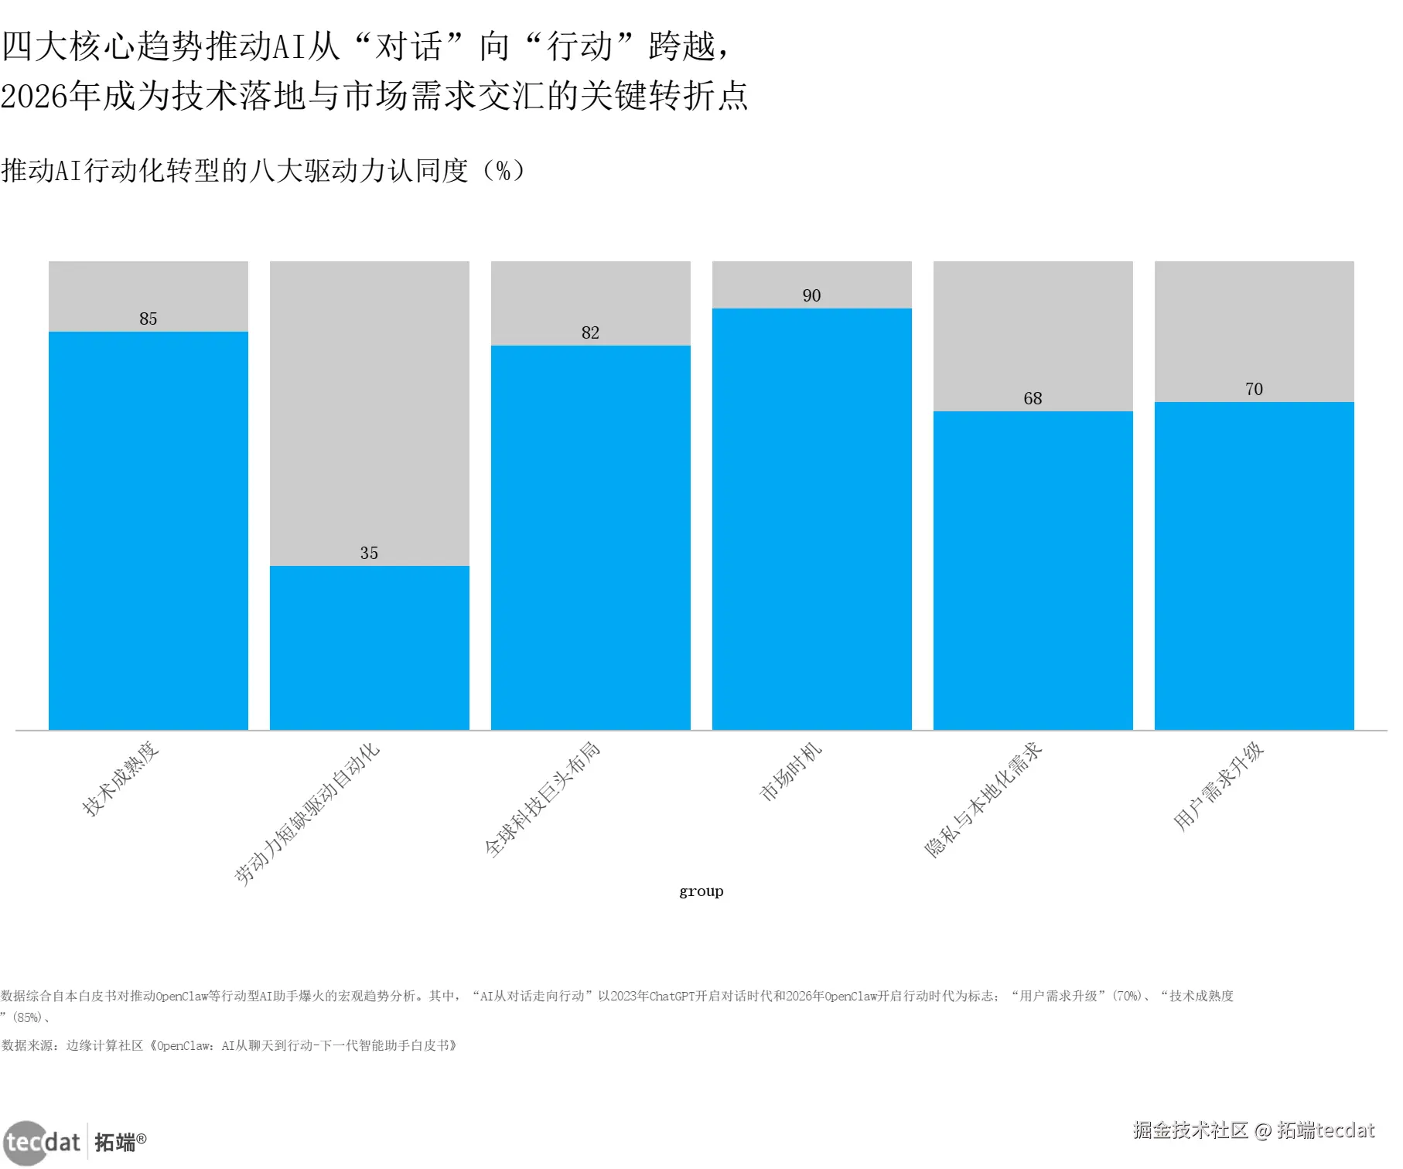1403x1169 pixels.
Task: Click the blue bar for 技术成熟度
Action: pyautogui.click(x=148, y=530)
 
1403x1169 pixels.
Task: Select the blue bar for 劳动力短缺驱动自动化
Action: pyautogui.click(x=370, y=648)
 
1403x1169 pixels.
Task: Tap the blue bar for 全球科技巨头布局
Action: pyautogui.click(x=591, y=537)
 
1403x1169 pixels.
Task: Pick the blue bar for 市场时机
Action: pyautogui.click(x=812, y=519)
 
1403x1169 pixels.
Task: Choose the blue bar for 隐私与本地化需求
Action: pyautogui.click(x=1033, y=571)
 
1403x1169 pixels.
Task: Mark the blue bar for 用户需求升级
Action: pyautogui.click(x=1255, y=566)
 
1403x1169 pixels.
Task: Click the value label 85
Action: pyautogui.click(x=148, y=319)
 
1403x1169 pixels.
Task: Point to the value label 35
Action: pyautogui.click(x=370, y=553)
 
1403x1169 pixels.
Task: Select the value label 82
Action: pyautogui.click(x=591, y=332)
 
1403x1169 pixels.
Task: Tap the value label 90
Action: pyautogui.click(x=812, y=295)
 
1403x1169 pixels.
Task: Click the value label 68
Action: pyautogui.click(x=1033, y=398)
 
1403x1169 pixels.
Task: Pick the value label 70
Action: pyautogui.click(x=1255, y=389)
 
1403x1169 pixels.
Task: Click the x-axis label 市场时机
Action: pyautogui.click(x=791, y=772)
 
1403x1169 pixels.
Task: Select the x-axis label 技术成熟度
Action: pyautogui.click(x=121, y=779)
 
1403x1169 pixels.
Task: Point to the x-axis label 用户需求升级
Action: pyautogui.click(x=1219, y=786)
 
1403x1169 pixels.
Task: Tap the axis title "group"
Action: pyautogui.click(x=701, y=891)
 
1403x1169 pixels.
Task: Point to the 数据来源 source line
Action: pyautogui.click(x=230, y=1045)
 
